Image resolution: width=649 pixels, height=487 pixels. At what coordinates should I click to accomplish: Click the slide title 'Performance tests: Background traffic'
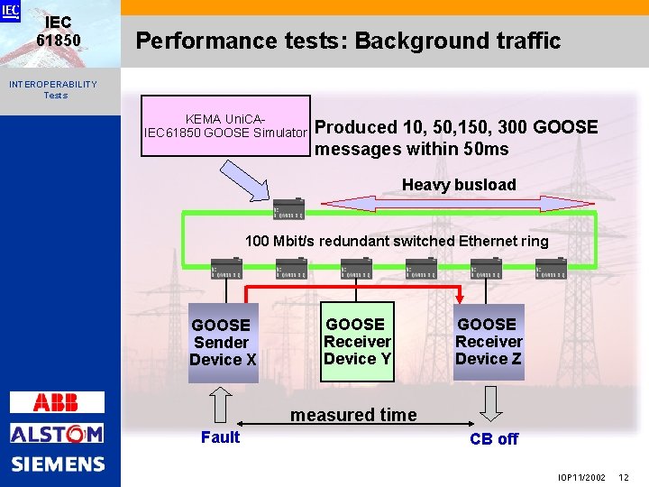pyautogui.click(x=347, y=41)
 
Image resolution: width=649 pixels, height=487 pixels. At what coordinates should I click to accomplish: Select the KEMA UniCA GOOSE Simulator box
pyautogui.click(x=225, y=126)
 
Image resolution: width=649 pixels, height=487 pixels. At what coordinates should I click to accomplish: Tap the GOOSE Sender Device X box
pyautogui.click(x=223, y=342)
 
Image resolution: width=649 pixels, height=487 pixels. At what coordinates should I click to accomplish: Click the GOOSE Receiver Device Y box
pyautogui.click(x=357, y=341)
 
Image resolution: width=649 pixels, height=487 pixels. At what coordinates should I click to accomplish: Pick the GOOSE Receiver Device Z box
pyautogui.click(x=488, y=341)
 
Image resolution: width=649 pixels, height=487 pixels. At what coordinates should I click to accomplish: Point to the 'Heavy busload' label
pyautogui.click(x=459, y=185)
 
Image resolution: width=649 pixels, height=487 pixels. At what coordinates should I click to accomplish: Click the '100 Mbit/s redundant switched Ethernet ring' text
pyautogui.click(x=397, y=241)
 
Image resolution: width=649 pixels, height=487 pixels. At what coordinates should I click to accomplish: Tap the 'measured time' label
pyautogui.click(x=353, y=415)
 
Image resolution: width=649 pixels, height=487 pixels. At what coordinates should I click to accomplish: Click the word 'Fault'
pyautogui.click(x=220, y=437)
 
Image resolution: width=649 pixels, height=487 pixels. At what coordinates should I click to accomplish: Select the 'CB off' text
pyautogui.click(x=494, y=439)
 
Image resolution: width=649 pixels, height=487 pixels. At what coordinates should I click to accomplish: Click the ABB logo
pyautogui.click(x=56, y=402)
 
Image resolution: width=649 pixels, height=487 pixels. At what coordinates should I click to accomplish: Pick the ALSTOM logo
pyautogui.click(x=56, y=434)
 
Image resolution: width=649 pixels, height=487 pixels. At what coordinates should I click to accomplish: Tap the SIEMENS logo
pyautogui.click(x=58, y=464)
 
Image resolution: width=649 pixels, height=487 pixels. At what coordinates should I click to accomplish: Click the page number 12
pyautogui.click(x=624, y=475)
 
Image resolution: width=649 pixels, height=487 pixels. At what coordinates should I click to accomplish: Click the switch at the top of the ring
pyautogui.click(x=289, y=209)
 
